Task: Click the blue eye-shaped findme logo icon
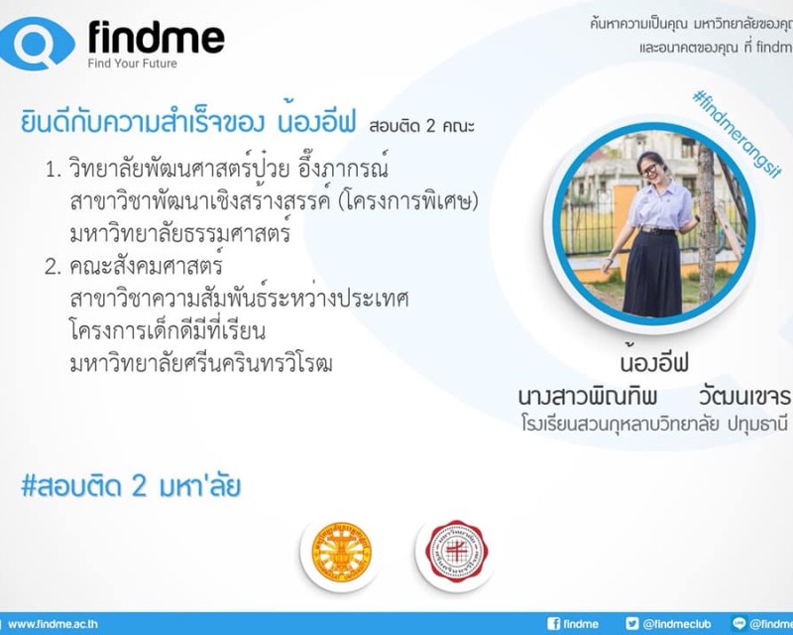[x=39, y=44]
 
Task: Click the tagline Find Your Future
[x=133, y=63]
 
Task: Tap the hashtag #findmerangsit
[x=736, y=134]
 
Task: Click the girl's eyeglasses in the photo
[x=648, y=169]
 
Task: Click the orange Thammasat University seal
[x=341, y=553]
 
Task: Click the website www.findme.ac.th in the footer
[x=53, y=624]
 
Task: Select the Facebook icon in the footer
[x=553, y=624]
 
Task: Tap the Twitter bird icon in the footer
[x=631, y=624]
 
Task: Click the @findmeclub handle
[x=677, y=624]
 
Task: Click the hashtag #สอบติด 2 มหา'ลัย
[x=131, y=486]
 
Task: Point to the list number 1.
[x=54, y=170]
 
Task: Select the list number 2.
[x=54, y=267]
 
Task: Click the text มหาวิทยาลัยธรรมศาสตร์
[x=180, y=233]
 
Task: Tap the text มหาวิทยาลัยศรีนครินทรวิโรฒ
[x=201, y=363]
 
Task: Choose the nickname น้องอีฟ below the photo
[x=654, y=362]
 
